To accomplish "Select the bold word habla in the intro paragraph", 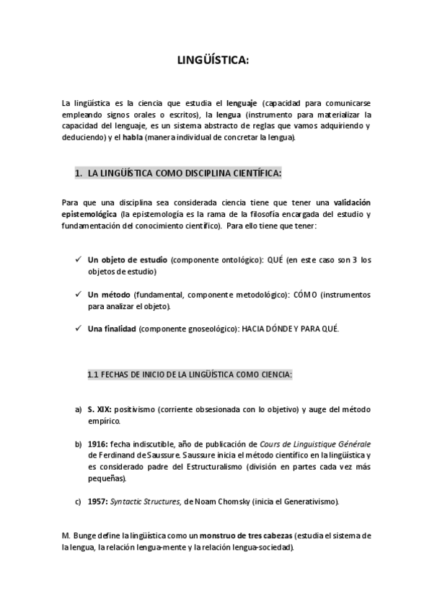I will [x=133, y=138].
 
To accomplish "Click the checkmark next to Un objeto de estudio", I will [x=77, y=259].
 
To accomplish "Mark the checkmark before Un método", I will [x=77, y=295].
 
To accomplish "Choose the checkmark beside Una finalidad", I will [x=77, y=329].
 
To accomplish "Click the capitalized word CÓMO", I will [x=306, y=295].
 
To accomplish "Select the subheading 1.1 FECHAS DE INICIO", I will [x=190, y=375].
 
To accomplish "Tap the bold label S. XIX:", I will [x=100, y=409].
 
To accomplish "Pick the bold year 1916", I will [x=98, y=444].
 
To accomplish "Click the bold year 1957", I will [x=98, y=501].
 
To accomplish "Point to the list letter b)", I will [x=78, y=444].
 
